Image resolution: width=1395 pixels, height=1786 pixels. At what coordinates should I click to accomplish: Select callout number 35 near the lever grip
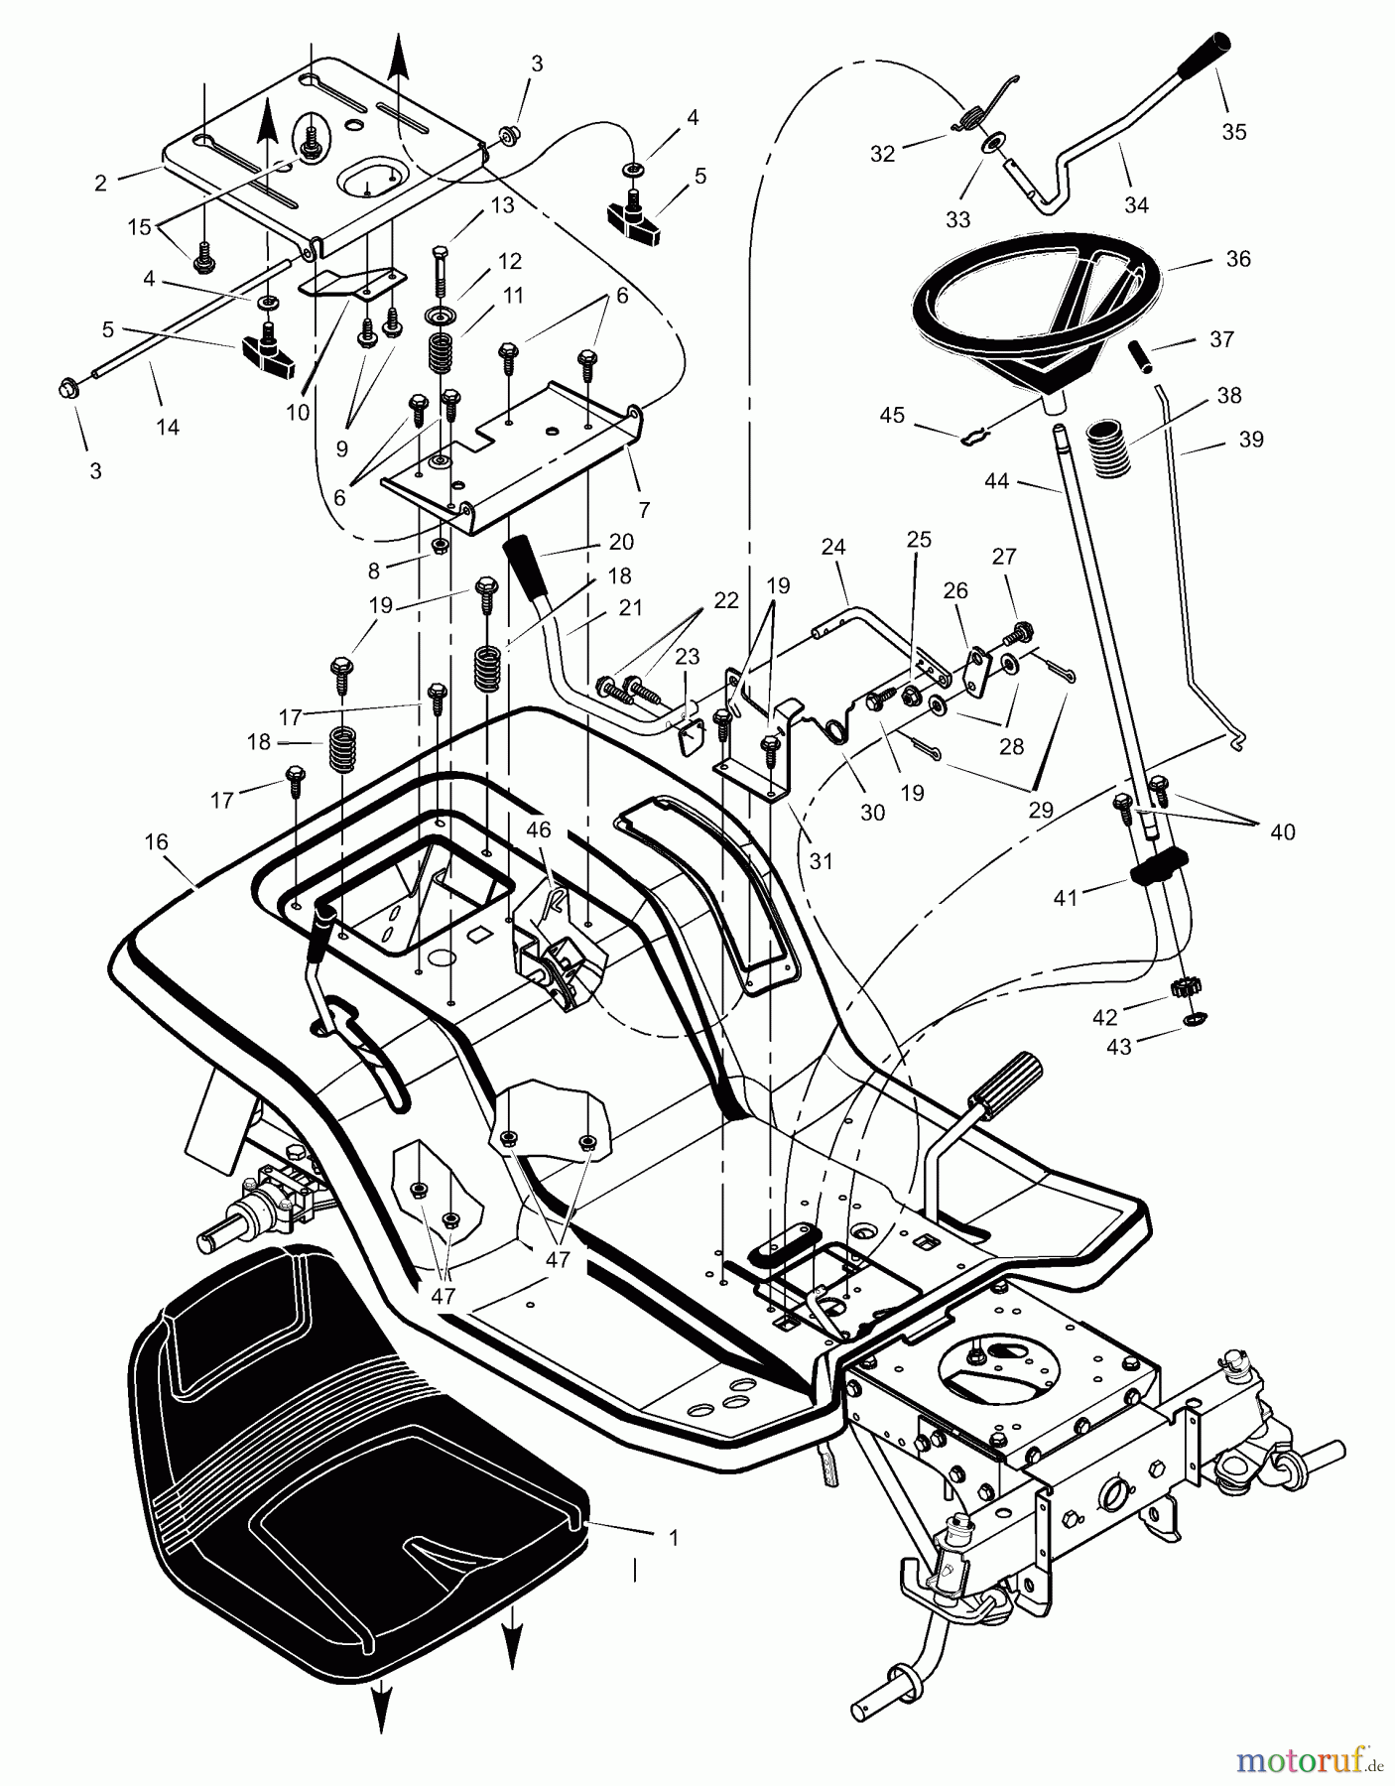(x=1233, y=132)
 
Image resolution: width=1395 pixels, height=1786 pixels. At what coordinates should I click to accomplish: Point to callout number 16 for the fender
(x=156, y=842)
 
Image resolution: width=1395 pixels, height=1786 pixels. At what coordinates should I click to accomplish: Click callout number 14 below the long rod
(x=168, y=428)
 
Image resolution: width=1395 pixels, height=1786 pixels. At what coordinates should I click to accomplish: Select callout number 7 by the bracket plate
(x=643, y=510)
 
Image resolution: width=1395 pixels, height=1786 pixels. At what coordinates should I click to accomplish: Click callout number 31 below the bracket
(x=821, y=861)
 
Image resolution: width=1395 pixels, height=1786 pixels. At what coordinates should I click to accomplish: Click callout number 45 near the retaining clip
(x=892, y=415)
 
